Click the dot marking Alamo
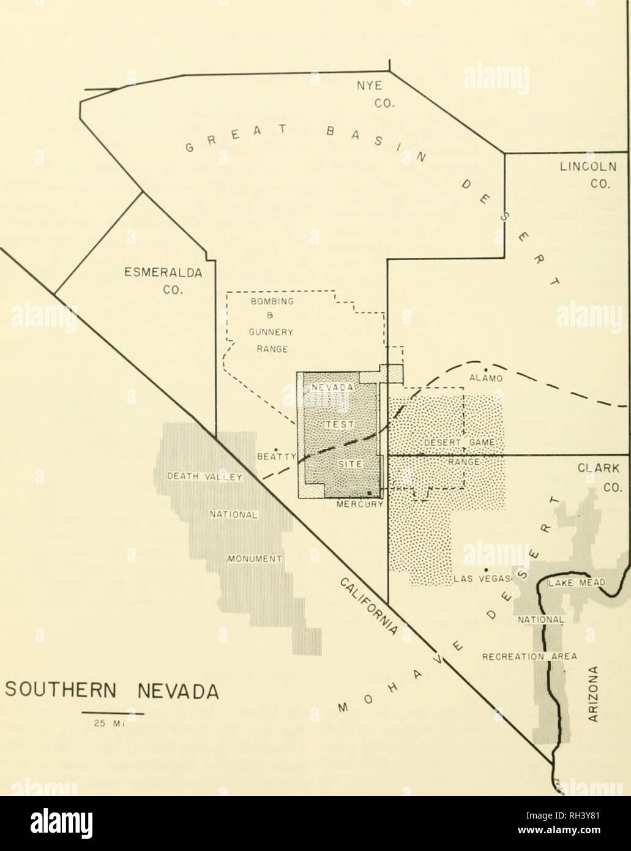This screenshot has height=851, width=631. (x=485, y=369)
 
